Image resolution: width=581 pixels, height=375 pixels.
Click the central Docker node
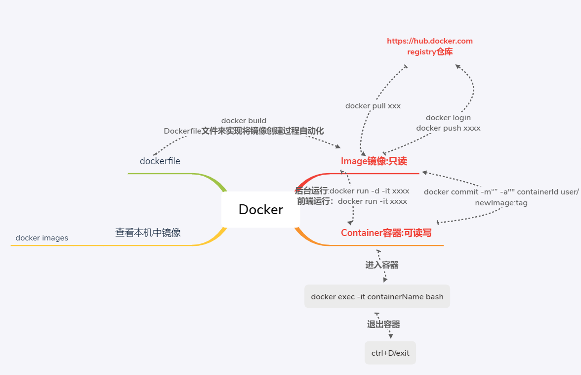coord(260,209)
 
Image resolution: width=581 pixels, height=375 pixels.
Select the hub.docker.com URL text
coord(429,41)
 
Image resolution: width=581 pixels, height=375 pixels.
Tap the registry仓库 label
coord(429,51)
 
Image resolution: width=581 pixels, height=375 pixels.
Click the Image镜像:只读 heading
coord(373,161)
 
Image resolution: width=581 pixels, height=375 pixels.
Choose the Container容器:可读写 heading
coord(386,233)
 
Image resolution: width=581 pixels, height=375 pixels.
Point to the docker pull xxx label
coord(373,106)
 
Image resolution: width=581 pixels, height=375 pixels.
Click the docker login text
coord(448,118)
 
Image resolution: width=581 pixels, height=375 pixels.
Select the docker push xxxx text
coord(448,128)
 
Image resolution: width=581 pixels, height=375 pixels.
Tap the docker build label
coord(244,121)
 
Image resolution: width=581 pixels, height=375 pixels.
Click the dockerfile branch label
coord(160,161)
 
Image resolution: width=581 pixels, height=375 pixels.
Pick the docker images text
coord(41,238)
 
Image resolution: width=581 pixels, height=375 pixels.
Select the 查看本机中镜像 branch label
coord(148,233)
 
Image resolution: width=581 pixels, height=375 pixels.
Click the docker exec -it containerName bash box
coord(377,297)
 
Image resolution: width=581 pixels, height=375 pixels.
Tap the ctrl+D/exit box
coord(390,353)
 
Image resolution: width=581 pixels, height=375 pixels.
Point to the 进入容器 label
coord(381,265)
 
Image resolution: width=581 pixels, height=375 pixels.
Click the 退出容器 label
coord(383,325)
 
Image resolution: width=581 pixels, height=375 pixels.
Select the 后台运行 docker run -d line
coord(352,191)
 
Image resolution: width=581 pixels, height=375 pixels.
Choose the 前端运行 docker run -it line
coord(352,201)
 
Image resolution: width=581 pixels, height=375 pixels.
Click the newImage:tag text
coord(501,203)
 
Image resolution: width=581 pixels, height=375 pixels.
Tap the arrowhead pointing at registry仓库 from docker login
coord(457,66)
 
